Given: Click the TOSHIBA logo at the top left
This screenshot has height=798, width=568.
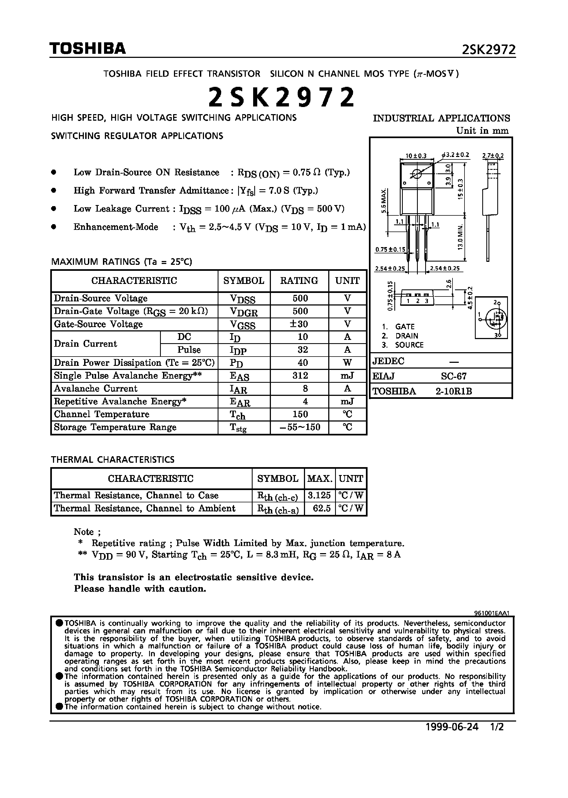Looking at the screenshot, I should coord(87,49).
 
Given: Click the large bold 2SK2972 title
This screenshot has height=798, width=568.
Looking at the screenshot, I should coord(282,97).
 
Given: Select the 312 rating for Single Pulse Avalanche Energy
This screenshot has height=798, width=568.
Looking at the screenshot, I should coord(300,376).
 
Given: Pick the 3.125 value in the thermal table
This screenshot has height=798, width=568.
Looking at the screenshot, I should coord(319,496).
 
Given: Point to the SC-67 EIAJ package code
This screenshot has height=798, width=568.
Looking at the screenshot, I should coord(454,376).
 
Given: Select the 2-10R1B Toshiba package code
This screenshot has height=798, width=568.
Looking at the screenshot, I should coord(454,391).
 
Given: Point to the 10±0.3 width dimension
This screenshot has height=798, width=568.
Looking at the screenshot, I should coord(416,156).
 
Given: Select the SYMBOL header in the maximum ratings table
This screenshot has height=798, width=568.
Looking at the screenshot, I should coord(244,281).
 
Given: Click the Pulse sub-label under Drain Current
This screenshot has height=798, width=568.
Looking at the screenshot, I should coord(189,350).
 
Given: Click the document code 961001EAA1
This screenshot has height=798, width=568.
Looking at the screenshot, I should coord(492,613).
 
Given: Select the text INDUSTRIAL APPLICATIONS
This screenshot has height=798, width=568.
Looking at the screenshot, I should coord(441,118).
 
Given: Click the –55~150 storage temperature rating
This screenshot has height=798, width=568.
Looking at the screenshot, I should coord(300,427).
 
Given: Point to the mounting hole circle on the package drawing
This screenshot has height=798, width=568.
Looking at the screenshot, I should coord(416,174).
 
